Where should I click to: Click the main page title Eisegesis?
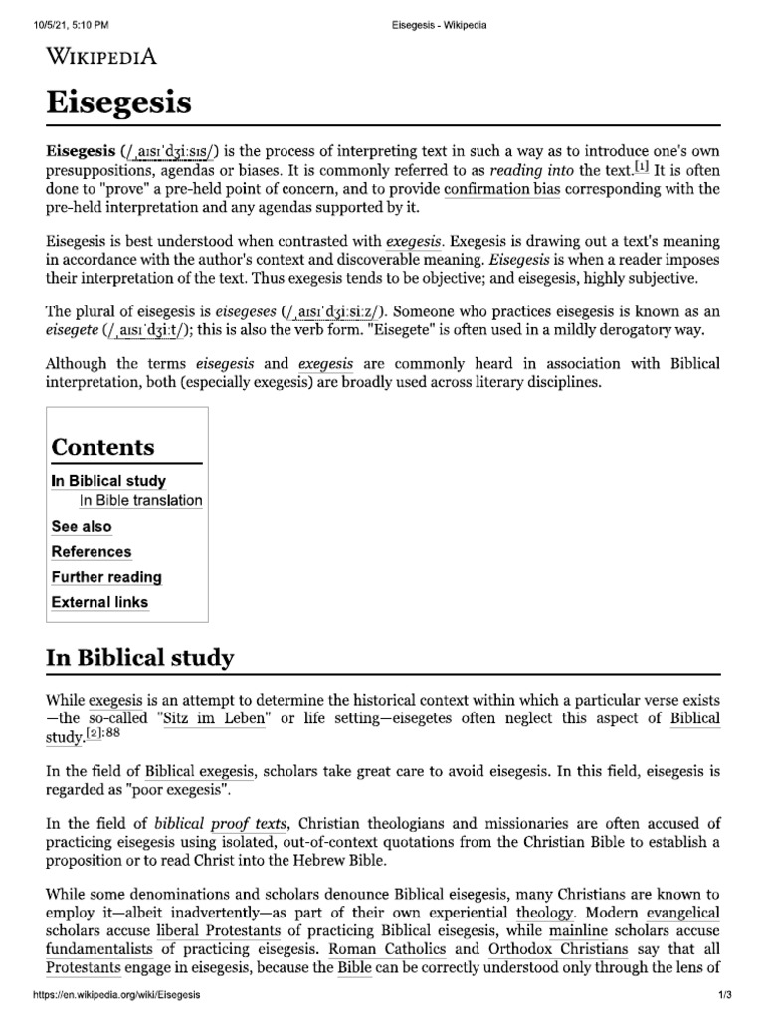coord(119,101)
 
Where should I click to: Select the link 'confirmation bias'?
coord(501,188)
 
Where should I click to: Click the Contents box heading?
coord(102,447)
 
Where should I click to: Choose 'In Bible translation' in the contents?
coord(140,501)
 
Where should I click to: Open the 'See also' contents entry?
coord(82,527)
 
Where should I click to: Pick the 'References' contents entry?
coord(92,552)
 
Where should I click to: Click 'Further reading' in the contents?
coord(106,577)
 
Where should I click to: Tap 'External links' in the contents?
coord(99,602)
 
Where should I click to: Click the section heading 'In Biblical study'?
coord(140,658)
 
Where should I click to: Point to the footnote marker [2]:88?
coord(104,736)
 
